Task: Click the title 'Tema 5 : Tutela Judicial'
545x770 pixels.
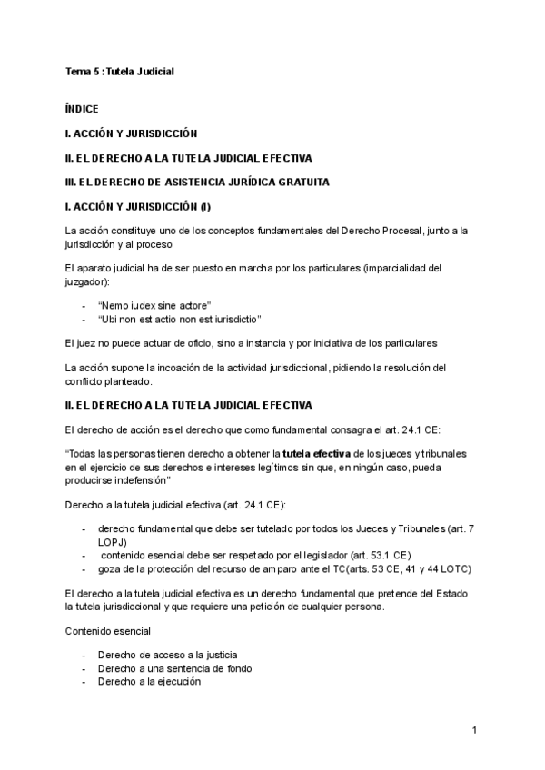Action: (119, 71)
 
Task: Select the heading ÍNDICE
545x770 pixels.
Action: (82, 109)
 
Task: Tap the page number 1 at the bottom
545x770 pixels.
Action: (474, 729)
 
